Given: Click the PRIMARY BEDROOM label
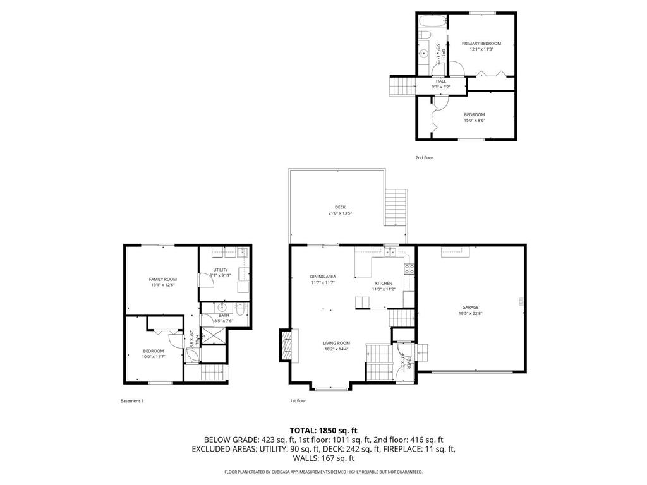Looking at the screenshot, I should point(481,44).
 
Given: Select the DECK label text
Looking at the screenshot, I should point(340,207).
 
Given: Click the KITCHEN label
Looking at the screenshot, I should point(384,284).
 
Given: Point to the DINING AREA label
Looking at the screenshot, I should point(322,277).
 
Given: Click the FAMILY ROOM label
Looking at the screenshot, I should point(162,279).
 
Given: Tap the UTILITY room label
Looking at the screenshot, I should point(220,270).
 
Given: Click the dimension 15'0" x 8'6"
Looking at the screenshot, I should point(475,120).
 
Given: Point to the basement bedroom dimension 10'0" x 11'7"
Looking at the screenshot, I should point(153,357).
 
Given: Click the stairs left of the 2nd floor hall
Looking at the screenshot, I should point(402,84).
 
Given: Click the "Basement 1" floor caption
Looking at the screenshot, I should point(131,400).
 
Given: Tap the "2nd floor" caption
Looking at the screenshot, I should point(424,158).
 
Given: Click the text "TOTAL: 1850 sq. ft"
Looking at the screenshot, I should point(323,429).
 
